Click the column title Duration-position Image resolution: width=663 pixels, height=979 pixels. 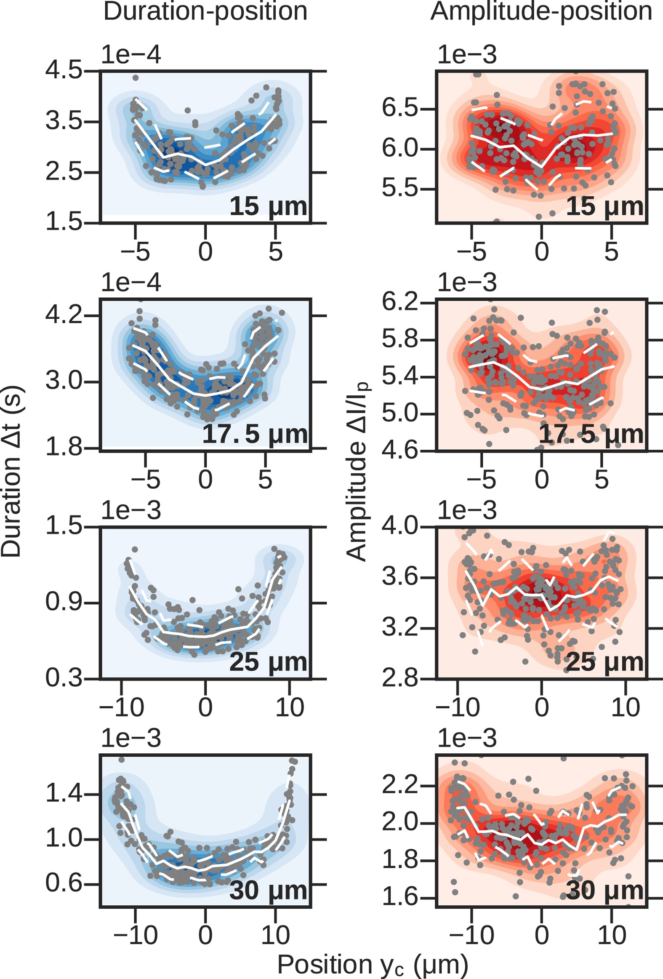205,11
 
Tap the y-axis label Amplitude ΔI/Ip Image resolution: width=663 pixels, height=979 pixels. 357,472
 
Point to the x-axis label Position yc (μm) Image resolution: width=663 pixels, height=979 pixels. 373,964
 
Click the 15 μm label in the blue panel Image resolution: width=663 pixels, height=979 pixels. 268,206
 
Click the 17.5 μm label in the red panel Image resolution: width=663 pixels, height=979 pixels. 591,434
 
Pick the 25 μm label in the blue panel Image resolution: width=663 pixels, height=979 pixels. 268,662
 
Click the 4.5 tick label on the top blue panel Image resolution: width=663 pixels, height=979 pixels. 64,70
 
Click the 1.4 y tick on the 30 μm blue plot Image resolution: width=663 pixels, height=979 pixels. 64,794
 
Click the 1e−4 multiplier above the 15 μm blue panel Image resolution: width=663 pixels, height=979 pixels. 131,55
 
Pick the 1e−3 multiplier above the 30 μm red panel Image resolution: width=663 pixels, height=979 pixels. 467,739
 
